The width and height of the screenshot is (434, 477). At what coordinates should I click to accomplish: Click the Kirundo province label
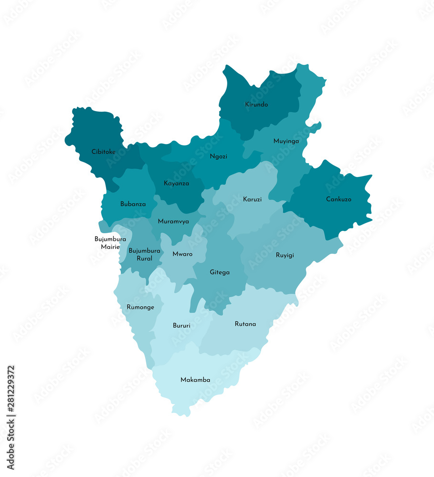[256, 104]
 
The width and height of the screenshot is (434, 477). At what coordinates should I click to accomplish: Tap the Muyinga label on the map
[286, 141]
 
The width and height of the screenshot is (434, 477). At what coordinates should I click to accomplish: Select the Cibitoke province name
[104, 152]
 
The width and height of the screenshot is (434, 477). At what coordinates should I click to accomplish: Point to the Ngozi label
[219, 156]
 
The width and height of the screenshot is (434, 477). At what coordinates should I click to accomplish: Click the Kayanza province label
[176, 183]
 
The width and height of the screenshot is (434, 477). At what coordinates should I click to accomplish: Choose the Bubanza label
[133, 204]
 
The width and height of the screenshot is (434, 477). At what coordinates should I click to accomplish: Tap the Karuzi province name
[252, 199]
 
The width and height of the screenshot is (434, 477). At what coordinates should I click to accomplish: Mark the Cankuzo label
[339, 199]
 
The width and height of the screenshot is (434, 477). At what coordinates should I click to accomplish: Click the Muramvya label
[173, 221]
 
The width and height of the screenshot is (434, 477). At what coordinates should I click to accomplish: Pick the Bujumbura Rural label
[145, 254]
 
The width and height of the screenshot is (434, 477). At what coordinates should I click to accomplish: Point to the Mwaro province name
[182, 254]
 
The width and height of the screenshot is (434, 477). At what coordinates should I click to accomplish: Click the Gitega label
[220, 272]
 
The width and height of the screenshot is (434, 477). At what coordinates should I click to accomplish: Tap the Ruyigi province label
[285, 255]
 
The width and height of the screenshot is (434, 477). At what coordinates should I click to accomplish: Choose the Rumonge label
[140, 307]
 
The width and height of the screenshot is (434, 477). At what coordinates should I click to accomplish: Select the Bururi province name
[181, 326]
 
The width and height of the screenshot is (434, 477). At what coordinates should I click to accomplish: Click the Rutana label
[245, 324]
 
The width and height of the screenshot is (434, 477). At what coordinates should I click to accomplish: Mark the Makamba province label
[195, 380]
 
